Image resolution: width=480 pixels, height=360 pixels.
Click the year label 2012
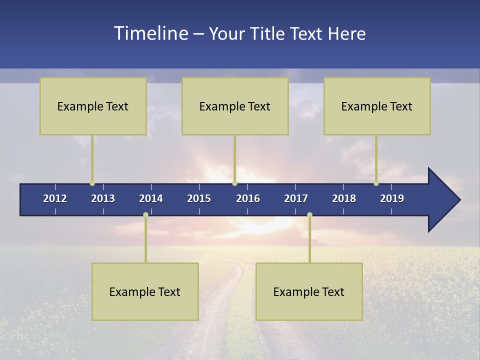coord(55,198)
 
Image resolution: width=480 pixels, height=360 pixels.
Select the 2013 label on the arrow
coord(103,198)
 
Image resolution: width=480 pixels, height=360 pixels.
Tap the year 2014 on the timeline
coord(151,198)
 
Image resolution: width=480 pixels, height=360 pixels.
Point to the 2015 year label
coord(199,198)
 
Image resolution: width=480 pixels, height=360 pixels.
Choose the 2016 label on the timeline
coord(248,198)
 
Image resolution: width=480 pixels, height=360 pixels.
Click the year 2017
coord(296,198)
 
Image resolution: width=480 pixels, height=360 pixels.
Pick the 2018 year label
coord(344,198)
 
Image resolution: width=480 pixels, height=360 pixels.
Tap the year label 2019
coord(392,198)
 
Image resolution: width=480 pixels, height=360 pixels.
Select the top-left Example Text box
coord(93,106)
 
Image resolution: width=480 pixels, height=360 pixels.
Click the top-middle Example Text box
coord(235,106)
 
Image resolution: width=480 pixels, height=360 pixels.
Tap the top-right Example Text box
coord(377,106)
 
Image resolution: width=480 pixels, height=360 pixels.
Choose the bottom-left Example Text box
coord(145,292)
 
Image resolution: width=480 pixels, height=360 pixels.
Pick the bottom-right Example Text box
coord(309,292)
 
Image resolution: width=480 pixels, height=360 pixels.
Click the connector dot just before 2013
coord(92,183)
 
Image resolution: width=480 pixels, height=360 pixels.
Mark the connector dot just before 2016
coord(234,183)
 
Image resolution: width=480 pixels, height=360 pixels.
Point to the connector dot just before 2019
coord(376,183)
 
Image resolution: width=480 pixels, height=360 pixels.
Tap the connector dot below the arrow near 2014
coord(145,215)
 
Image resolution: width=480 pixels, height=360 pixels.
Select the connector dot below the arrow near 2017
coord(309,215)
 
